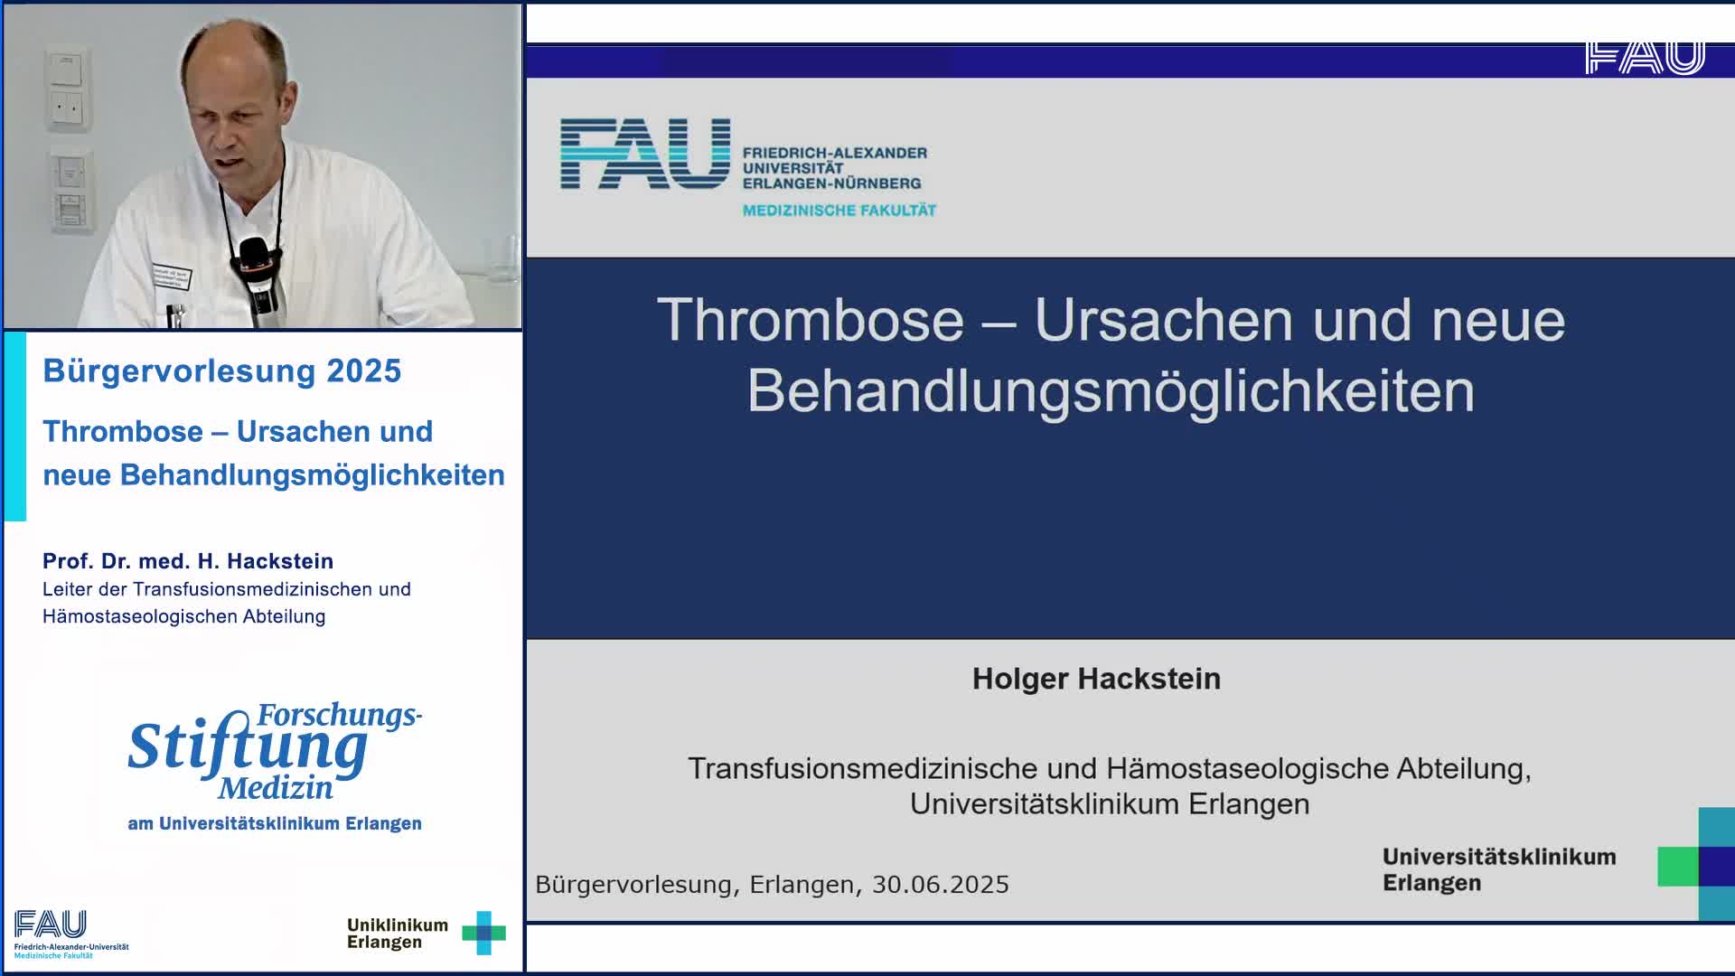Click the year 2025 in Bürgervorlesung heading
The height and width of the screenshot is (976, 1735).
(x=364, y=371)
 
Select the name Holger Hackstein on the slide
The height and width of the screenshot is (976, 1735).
(x=1096, y=679)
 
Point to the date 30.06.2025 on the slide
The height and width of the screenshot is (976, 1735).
(x=940, y=884)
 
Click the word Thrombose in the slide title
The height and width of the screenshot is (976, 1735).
(x=811, y=320)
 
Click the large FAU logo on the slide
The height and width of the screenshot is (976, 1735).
(x=645, y=154)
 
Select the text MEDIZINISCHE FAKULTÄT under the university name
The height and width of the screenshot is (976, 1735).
(x=839, y=211)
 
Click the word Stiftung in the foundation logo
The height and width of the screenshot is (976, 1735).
(x=248, y=746)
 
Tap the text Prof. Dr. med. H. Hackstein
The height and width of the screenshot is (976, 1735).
(x=188, y=561)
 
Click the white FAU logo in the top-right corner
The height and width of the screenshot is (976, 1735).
(x=1645, y=58)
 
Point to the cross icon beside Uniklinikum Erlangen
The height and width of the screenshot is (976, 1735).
(x=484, y=933)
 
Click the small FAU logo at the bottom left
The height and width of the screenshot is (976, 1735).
(x=51, y=924)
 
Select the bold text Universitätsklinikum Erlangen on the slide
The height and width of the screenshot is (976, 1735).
(x=1499, y=869)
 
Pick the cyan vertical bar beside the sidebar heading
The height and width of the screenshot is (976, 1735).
(x=15, y=427)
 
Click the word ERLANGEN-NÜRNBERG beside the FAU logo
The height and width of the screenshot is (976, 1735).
(x=831, y=183)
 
